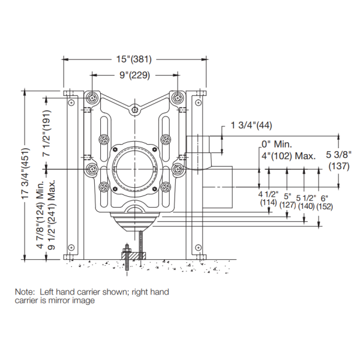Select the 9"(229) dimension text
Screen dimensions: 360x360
click(x=134, y=75)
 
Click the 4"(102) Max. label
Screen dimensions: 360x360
click(x=289, y=155)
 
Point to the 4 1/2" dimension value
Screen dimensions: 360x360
click(x=268, y=195)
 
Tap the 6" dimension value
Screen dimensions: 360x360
click(x=325, y=197)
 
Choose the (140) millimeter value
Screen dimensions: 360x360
click(x=307, y=205)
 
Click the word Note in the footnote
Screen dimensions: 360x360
click(x=26, y=292)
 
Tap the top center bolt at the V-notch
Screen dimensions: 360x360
click(x=136, y=109)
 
